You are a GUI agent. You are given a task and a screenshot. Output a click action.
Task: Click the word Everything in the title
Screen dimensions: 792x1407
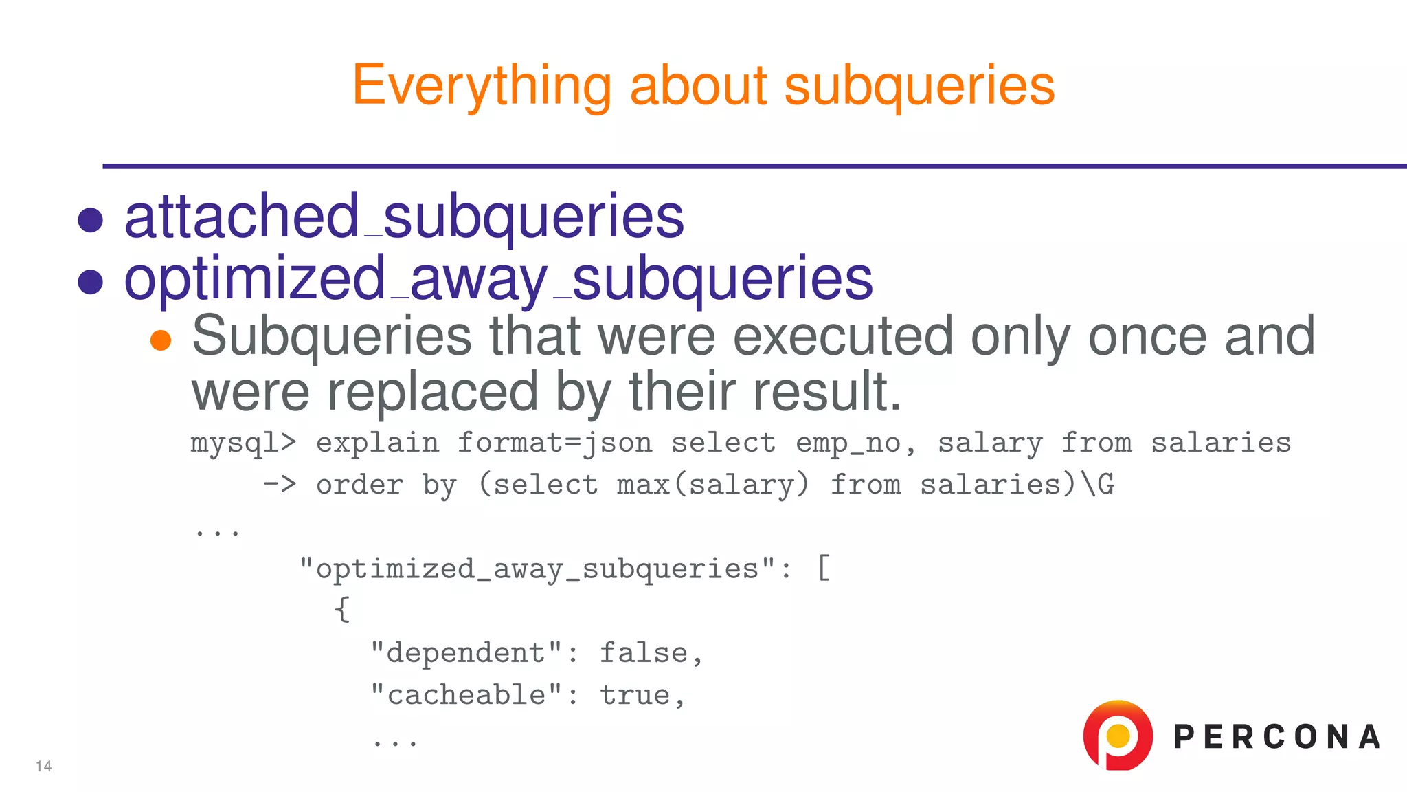(x=481, y=86)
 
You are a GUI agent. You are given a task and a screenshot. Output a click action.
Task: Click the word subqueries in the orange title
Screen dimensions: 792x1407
(x=919, y=86)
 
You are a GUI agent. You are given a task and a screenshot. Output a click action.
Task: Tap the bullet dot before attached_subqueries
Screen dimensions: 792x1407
(x=91, y=220)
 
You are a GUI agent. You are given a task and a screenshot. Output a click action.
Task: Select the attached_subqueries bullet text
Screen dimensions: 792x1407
(x=404, y=217)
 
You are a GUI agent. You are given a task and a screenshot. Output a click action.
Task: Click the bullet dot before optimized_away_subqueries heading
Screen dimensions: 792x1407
(x=91, y=281)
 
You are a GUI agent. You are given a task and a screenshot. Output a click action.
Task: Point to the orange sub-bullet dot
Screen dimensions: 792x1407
(x=161, y=340)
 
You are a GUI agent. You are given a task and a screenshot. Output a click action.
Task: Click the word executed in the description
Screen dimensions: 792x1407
(x=844, y=336)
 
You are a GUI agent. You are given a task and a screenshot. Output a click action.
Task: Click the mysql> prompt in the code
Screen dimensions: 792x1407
(x=243, y=443)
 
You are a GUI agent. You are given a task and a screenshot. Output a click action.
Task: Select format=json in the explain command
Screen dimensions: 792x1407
(x=554, y=443)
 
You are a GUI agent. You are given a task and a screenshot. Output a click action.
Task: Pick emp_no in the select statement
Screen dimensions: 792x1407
(x=848, y=443)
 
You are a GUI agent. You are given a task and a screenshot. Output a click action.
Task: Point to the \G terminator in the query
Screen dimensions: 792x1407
(x=1098, y=485)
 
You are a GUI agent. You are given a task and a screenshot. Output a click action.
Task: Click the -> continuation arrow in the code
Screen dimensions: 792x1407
(x=280, y=485)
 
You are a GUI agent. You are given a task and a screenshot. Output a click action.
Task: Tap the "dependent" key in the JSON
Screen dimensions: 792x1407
(x=466, y=653)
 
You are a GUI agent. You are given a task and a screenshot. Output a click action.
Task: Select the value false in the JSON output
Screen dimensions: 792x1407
(x=644, y=653)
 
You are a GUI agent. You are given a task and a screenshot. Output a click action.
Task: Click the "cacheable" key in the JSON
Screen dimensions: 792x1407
(x=466, y=695)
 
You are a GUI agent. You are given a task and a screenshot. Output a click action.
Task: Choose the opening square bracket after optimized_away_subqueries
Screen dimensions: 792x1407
(x=824, y=569)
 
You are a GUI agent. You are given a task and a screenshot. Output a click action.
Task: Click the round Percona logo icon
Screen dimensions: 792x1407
(x=1117, y=736)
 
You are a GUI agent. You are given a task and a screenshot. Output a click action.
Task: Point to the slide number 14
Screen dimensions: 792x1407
(x=44, y=767)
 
